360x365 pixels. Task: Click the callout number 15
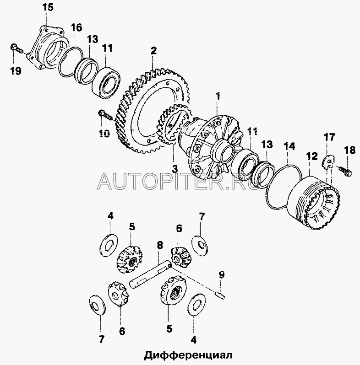click(x=48, y=8)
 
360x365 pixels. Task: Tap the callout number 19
click(x=15, y=70)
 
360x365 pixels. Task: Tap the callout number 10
click(x=104, y=133)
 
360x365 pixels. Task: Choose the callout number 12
click(x=311, y=156)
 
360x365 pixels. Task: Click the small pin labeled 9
click(x=220, y=295)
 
